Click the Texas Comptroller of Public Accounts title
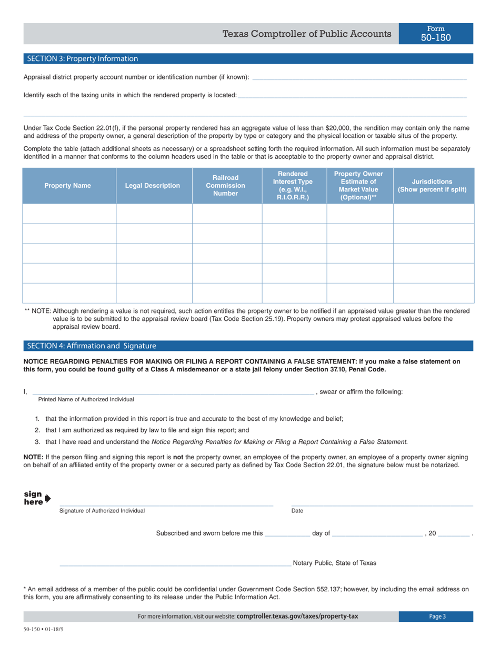(x=306, y=34)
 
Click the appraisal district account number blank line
(x=359, y=78)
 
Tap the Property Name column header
(x=67, y=186)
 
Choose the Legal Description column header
(x=153, y=186)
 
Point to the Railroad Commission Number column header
(x=225, y=186)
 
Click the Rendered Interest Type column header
(x=294, y=186)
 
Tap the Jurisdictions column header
(x=432, y=186)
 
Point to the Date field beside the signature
(x=382, y=503)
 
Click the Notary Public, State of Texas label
(x=334, y=563)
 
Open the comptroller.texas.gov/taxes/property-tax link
(x=297, y=616)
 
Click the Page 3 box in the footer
(x=435, y=616)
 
